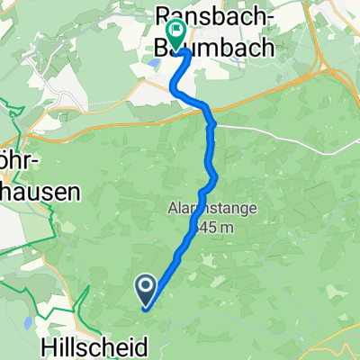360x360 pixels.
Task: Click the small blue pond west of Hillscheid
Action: coord(28,321)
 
